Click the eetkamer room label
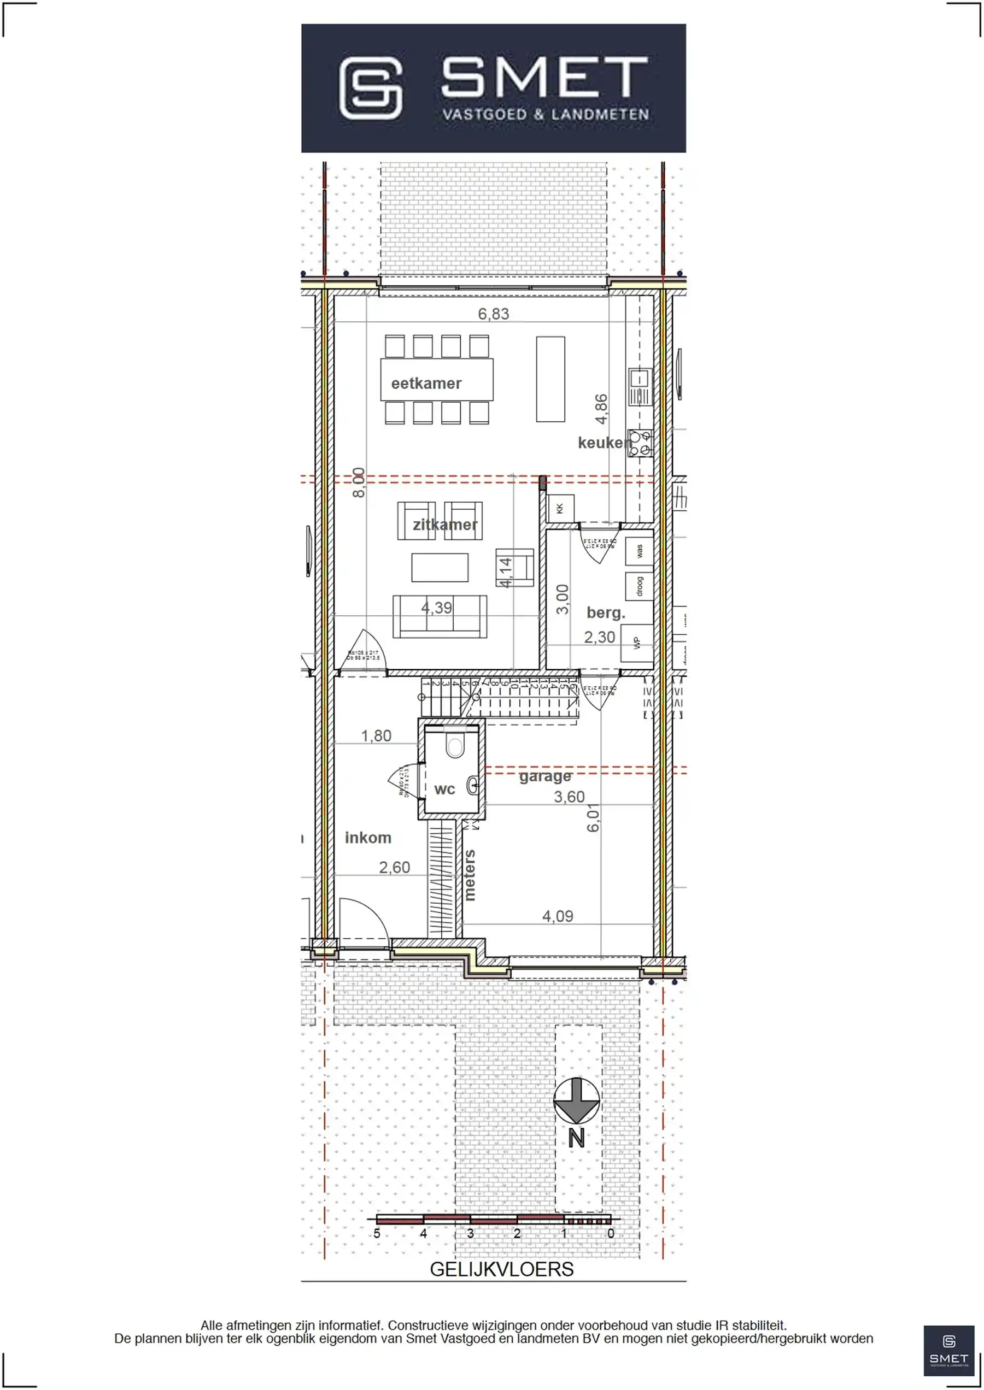tap(426, 384)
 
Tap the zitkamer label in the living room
tap(445, 525)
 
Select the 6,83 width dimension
tap(493, 314)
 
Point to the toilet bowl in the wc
tap(454, 746)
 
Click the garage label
tap(544, 776)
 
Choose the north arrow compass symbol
tap(576, 1100)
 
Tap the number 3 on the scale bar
tap(470, 1234)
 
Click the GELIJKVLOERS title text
tap(501, 1269)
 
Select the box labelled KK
tap(560, 508)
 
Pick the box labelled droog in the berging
tap(639, 586)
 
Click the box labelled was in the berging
tap(639, 551)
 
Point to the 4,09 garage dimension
tap(558, 916)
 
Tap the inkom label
tap(368, 838)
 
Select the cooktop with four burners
tap(640, 443)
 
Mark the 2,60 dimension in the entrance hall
tap(395, 867)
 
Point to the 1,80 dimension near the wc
tap(376, 736)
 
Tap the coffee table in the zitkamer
tap(440, 568)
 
